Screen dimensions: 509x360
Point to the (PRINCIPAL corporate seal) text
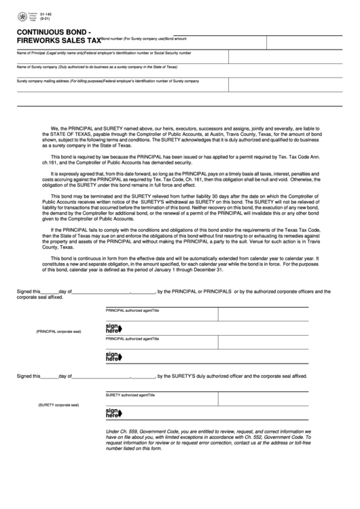point(58,331)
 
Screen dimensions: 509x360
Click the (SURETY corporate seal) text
point(58,404)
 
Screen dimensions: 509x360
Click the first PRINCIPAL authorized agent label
point(128,309)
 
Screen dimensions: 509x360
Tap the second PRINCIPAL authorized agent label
point(128,338)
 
